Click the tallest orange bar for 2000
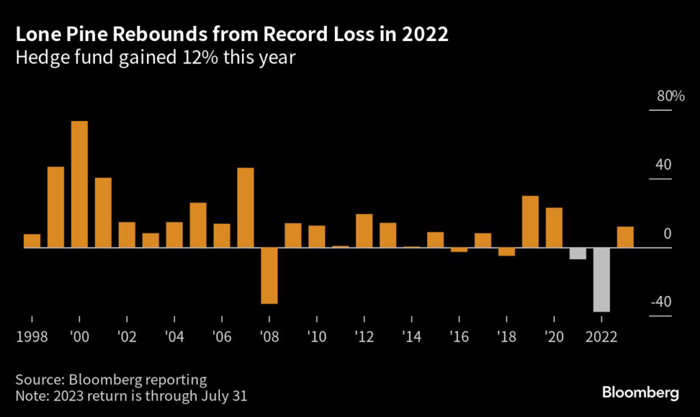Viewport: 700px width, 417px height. (x=79, y=184)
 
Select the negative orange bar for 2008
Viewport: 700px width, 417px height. (x=269, y=275)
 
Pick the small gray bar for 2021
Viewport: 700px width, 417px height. (x=578, y=253)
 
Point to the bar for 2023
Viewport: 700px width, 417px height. (x=625, y=237)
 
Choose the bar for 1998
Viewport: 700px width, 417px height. (x=32, y=241)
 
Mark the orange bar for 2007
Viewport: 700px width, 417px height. (x=245, y=207)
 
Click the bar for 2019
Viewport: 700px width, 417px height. (x=530, y=221)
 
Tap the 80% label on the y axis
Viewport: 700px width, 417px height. (x=670, y=96)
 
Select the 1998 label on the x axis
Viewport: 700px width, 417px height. (x=32, y=337)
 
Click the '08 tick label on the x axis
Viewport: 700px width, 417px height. (x=269, y=337)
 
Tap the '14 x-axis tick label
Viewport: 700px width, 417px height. (x=412, y=337)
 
